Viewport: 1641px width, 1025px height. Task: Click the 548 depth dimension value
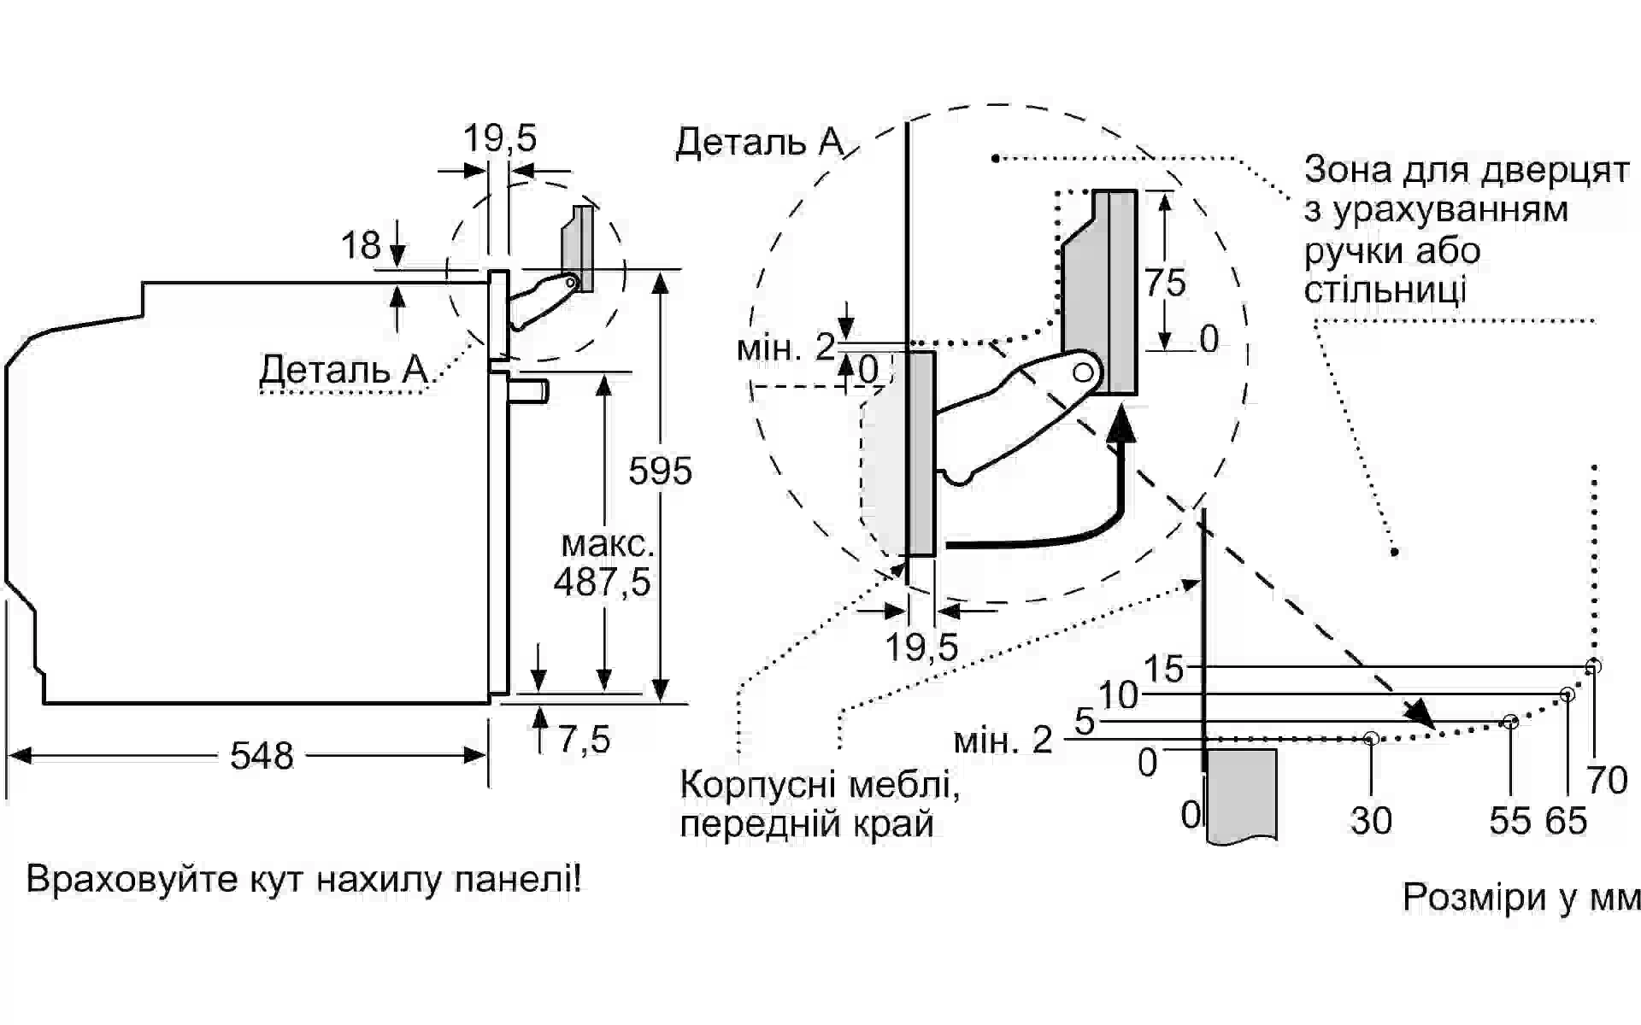[x=262, y=756]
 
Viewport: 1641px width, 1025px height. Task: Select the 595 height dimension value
[x=660, y=471]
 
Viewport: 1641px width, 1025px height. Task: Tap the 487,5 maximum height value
[x=602, y=583]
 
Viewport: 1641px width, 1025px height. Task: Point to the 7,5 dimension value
[x=585, y=740]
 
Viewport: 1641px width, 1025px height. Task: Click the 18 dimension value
[x=361, y=246]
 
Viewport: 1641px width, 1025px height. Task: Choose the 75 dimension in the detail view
[x=1166, y=283]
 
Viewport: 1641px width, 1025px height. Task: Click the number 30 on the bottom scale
[x=1371, y=821]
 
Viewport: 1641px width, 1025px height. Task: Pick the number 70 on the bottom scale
[x=1607, y=781]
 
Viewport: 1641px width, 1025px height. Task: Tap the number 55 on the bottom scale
[x=1510, y=821]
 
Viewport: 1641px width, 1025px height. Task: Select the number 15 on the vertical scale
[x=1164, y=670]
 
